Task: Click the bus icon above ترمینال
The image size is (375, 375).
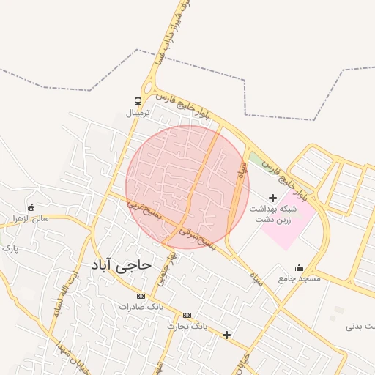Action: tap(138, 101)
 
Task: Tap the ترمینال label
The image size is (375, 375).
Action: tap(138, 114)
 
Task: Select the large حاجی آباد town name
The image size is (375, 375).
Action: tap(122, 264)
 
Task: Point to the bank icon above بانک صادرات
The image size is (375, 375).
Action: tap(141, 296)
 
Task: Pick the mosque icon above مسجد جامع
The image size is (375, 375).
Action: tap(299, 267)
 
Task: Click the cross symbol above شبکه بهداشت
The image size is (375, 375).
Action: tap(273, 198)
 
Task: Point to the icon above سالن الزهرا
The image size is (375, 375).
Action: tap(31, 207)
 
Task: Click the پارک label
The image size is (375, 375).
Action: tap(10, 248)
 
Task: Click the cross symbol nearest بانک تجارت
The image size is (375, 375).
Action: tap(227, 335)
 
